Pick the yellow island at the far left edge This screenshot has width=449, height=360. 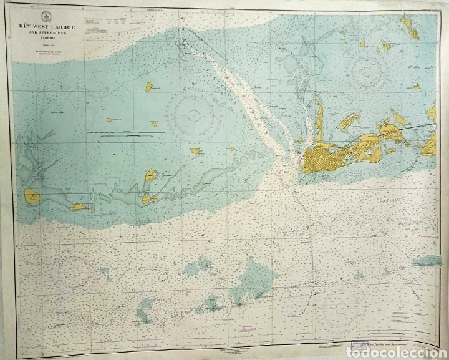click(32, 197)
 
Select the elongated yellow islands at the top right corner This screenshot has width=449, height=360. click(411, 27)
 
